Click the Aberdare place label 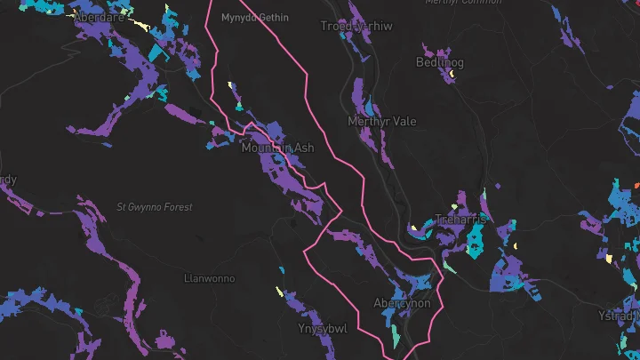coord(98,17)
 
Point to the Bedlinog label coord(438,62)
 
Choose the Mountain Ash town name coord(277,148)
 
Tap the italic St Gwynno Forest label coord(155,207)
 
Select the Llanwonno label coord(209,278)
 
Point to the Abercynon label coord(402,303)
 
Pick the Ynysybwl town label coord(322,328)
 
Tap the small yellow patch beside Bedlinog coord(452,75)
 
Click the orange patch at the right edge coord(636,185)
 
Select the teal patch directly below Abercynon coord(395,335)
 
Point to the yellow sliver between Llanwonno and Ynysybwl coord(279,291)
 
